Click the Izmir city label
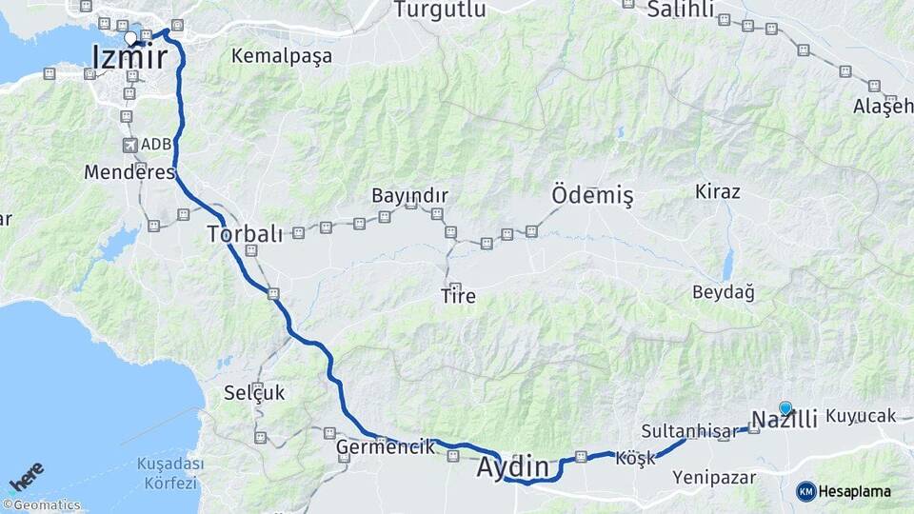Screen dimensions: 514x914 129,59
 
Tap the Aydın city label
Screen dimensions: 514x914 513,467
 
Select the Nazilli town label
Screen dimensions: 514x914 785,420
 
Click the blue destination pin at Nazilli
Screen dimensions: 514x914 785,408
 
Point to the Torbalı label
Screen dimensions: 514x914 245,234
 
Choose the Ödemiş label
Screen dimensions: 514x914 592,196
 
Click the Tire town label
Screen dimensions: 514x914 458,297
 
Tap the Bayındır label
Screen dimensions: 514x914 409,195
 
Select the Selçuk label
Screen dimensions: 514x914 254,392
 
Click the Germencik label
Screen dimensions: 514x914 386,445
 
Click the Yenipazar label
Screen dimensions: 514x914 714,478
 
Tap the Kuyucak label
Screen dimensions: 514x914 862,416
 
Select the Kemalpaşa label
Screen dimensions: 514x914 282,56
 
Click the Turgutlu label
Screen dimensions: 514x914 440,10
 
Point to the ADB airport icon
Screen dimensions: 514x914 129,145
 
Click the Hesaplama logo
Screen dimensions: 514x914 844,491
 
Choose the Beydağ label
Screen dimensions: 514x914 724,292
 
